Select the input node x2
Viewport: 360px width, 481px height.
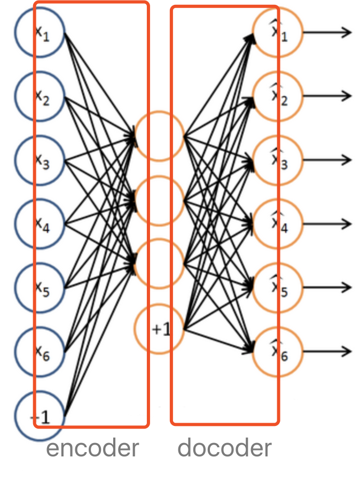point(40,97)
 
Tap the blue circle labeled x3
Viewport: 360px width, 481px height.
point(40,160)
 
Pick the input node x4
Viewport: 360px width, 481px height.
point(40,223)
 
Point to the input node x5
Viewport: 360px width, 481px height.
point(40,288)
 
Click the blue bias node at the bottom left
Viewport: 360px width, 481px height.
point(40,415)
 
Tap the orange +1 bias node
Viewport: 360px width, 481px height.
point(159,328)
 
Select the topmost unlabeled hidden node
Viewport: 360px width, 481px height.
point(159,136)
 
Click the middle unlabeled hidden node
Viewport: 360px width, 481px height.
point(159,200)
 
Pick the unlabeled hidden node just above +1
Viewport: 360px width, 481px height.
point(159,263)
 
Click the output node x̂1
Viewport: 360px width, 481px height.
point(278,33)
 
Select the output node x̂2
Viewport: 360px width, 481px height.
point(278,96)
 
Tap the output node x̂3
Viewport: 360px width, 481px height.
point(278,160)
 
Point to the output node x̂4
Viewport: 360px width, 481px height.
point(278,223)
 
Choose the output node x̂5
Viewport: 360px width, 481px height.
point(278,287)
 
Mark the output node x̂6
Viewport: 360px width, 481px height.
point(278,351)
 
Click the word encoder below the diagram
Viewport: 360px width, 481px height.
point(92,448)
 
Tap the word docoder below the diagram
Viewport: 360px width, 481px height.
point(224,448)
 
